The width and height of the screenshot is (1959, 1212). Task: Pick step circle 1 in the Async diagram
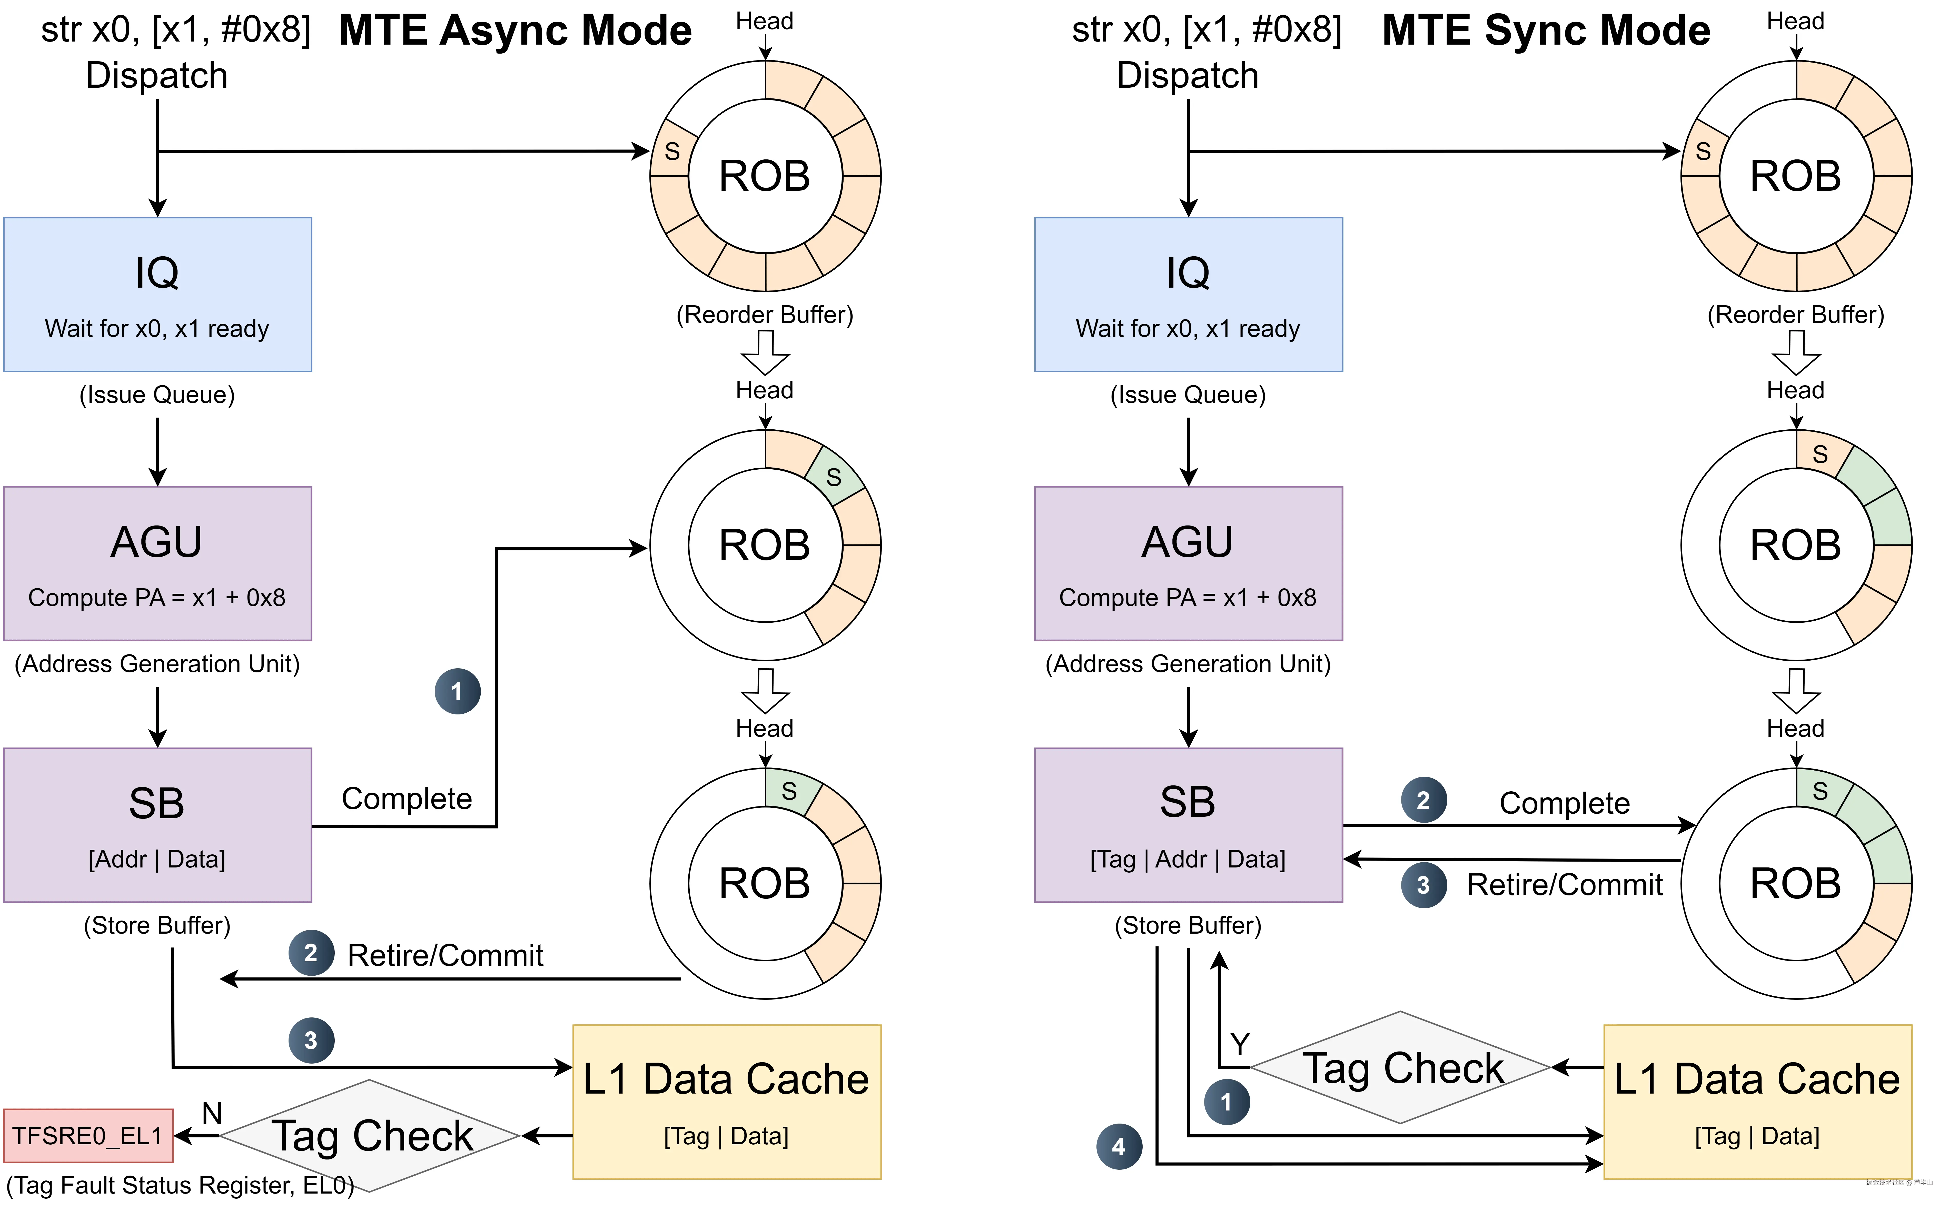[x=457, y=691]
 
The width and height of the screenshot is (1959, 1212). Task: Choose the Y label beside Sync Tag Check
[x=1240, y=1044]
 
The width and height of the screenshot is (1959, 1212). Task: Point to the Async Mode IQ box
[x=157, y=294]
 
